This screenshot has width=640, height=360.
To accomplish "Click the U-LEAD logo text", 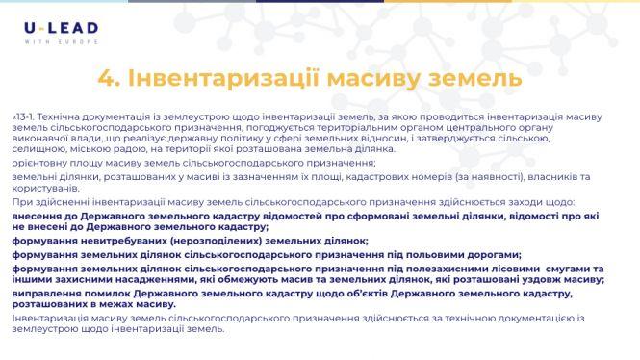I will [x=61, y=30].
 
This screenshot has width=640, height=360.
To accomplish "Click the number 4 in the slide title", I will [x=108, y=76].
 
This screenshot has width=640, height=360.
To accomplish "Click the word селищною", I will [x=38, y=148].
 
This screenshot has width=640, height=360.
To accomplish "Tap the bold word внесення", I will [x=38, y=217].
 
